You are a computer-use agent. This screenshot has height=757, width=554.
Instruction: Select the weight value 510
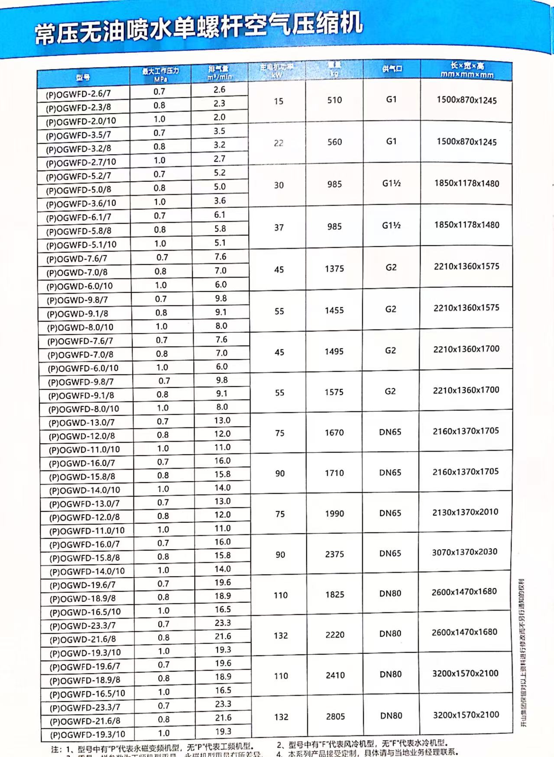tap(334, 100)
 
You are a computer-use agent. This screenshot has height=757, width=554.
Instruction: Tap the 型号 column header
tap(83, 77)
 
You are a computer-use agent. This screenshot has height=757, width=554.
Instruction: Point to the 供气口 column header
tap(392, 69)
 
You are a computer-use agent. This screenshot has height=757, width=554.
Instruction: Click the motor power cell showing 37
tap(279, 227)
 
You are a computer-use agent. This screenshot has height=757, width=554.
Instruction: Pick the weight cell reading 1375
tap(334, 268)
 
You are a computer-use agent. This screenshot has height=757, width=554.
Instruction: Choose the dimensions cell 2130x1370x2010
tap(465, 512)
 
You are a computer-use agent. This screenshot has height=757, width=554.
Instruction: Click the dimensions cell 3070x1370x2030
tap(465, 552)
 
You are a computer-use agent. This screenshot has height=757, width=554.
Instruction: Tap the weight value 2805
tap(335, 716)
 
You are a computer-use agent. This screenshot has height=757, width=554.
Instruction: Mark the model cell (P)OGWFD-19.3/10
tap(87, 734)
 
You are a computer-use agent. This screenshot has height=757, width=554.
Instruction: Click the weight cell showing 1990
tap(334, 513)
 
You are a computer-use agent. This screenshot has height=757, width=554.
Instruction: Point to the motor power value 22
tap(279, 143)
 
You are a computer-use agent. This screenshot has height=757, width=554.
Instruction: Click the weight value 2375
tap(334, 554)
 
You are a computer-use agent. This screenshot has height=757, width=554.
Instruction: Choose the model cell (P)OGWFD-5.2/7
tap(79, 176)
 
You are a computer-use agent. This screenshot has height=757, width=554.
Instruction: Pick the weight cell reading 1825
tap(335, 594)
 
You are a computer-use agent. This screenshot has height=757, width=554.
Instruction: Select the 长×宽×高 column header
tap(467, 70)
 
